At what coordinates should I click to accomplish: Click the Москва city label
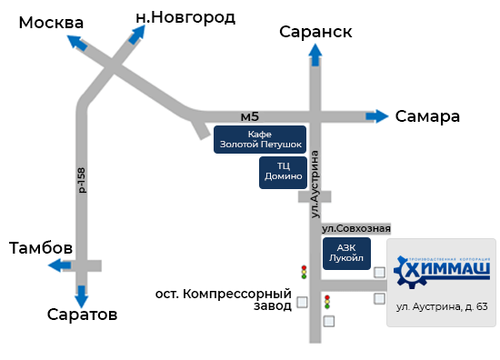point(51,23)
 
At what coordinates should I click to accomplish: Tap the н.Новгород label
point(185,16)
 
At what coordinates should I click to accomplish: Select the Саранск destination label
point(315,33)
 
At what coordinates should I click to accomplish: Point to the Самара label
point(427,116)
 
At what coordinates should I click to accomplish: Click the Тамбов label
point(41,248)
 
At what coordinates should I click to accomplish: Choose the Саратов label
point(82,315)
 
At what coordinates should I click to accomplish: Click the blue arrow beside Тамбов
point(61,265)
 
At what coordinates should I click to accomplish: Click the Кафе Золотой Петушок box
point(260,140)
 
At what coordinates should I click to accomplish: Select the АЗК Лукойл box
point(347,253)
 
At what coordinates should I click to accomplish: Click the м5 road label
point(250,116)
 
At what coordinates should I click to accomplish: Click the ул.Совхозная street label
point(356,227)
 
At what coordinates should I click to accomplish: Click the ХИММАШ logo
point(444,271)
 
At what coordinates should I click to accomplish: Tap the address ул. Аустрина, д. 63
point(443,306)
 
